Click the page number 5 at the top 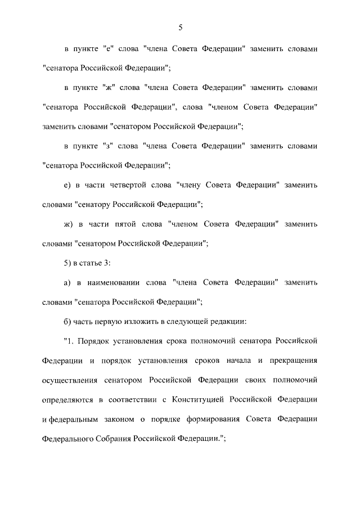180,26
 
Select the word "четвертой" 127,184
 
